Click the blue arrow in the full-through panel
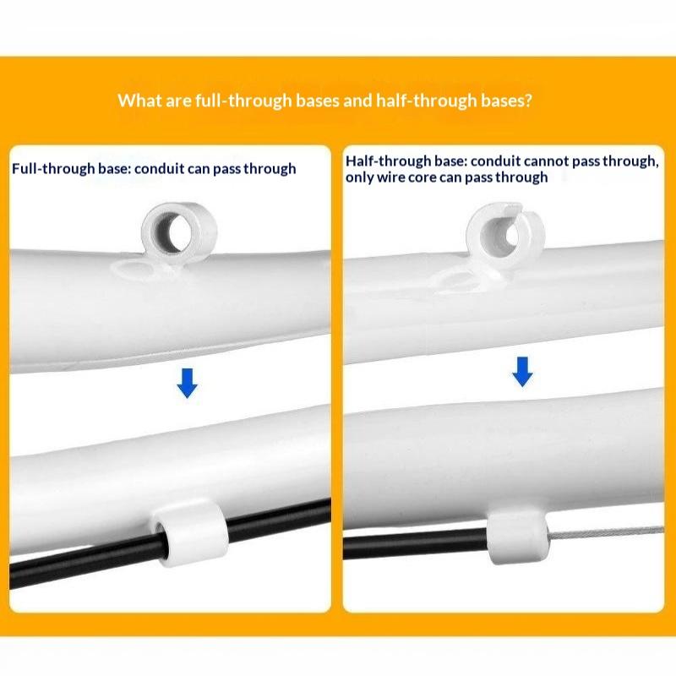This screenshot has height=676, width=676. point(187,383)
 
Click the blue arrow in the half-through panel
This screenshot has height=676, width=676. point(522,372)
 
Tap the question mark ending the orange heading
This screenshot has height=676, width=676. point(528,101)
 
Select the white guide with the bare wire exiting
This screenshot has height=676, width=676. point(517,538)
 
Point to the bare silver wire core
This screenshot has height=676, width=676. point(606,533)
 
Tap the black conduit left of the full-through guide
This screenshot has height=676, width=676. point(86,559)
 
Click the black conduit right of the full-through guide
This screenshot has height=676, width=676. point(278,514)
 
